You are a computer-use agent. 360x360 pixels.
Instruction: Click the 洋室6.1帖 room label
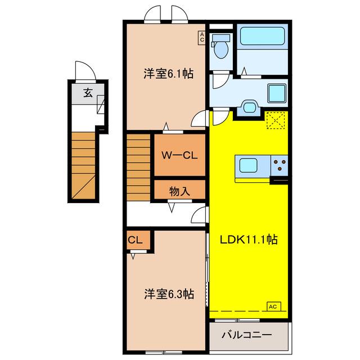[169, 74]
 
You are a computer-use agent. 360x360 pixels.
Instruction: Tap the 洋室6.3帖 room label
[169, 294]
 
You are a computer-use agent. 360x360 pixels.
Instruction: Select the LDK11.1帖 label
[249, 240]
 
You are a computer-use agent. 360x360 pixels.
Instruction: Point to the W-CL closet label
[179, 156]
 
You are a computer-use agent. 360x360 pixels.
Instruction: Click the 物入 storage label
[179, 191]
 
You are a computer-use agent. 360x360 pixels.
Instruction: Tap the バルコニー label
[247, 335]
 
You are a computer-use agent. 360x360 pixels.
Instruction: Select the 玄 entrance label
[88, 93]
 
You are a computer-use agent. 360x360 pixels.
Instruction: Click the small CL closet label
[135, 240]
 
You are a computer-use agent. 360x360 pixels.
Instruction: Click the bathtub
[262, 36]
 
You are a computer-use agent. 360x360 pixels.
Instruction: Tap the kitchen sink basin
[248, 165]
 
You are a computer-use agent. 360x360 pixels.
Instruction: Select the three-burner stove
[280, 165]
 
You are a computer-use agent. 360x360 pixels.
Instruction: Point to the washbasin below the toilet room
[250, 107]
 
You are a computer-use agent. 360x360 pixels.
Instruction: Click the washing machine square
[277, 93]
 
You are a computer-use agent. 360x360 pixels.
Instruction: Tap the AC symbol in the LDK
[274, 307]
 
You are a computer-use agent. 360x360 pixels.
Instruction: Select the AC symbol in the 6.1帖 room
[202, 37]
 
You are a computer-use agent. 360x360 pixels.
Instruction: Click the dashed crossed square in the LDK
[276, 120]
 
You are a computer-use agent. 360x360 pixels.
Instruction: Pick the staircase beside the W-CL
[138, 167]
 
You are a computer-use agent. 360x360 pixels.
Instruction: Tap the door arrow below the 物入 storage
[172, 208]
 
